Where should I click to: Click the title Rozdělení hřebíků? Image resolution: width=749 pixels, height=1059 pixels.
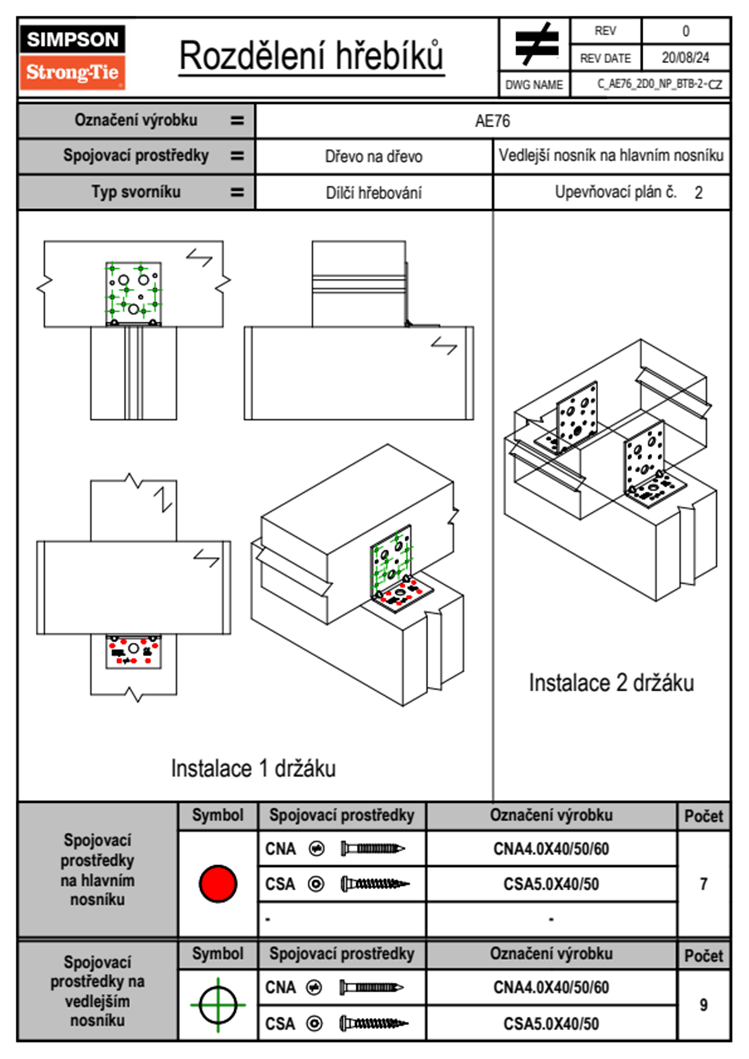coord(312,56)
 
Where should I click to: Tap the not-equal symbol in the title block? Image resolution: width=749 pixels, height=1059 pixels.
coord(536,44)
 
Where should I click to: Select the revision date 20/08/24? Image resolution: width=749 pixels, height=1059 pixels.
coord(685,58)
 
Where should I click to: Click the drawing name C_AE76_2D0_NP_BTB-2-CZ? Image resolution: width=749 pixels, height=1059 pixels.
coord(659,84)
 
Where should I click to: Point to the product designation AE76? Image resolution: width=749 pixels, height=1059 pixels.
coord(492,121)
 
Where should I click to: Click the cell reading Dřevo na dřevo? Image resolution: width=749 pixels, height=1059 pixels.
coord(373,157)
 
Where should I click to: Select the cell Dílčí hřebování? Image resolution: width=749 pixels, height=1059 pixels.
coord(373,193)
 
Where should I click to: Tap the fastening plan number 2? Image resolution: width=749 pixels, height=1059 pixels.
coord(698,193)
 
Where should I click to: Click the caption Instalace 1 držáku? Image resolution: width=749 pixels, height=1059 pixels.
coord(253,768)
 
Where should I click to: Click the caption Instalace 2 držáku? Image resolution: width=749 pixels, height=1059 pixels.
coord(611,682)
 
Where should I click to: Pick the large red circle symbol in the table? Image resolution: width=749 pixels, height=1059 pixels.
coord(218,883)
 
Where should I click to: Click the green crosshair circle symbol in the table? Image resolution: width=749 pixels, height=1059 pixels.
coord(218,1005)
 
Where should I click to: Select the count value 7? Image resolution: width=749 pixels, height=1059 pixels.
coord(703,884)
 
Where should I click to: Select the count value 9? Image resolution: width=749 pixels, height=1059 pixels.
coord(703,1005)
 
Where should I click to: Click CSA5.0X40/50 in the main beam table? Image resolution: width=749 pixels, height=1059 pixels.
coord(551,885)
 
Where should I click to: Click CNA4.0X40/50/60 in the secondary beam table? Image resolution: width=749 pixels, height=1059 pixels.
coord(551,987)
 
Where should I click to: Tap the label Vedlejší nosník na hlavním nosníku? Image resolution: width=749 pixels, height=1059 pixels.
coord(611,156)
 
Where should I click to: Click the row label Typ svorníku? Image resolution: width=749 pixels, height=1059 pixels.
coord(136,191)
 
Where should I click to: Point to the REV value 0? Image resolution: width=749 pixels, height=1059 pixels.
coord(685,31)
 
